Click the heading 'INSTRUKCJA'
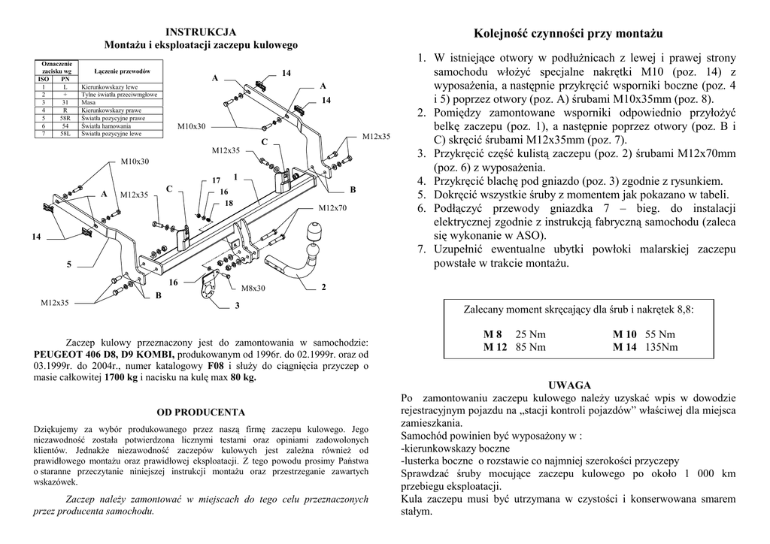[x=201, y=32]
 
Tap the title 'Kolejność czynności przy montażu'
[x=568, y=34]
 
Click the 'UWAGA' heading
[x=569, y=385]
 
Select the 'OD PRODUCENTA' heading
[x=201, y=413]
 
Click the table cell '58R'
[x=65, y=119]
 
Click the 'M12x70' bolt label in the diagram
[x=332, y=208]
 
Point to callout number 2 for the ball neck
[x=323, y=287]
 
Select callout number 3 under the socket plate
[x=237, y=306]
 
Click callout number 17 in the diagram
[x=217, y=180]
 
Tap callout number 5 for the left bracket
[x=68, y=264]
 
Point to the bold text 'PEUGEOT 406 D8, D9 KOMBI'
[x=105, y=354]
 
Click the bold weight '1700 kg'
[x=122, y=377]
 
